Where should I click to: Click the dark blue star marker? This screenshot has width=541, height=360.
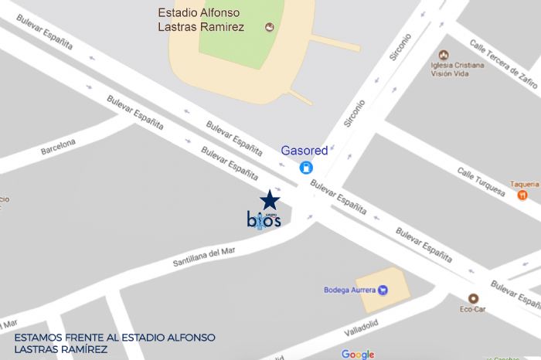tap(269, 199)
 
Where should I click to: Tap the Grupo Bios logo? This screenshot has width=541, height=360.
tap(264, 219)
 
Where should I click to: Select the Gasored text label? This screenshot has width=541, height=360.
tap(304, 151)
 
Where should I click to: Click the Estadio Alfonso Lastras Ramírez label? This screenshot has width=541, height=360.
tap(201, 20)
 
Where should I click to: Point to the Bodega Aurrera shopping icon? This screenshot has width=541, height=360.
tap(382, 290)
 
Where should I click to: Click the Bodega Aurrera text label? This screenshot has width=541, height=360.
tap(349, 290)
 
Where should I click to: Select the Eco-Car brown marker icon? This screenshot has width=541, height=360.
tap(473, 298)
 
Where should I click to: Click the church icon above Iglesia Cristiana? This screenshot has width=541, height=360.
tap(443, 55)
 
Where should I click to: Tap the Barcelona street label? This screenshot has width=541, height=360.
tap(58, 146)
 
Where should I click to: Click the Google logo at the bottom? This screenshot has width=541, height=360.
tap(358, 354)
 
